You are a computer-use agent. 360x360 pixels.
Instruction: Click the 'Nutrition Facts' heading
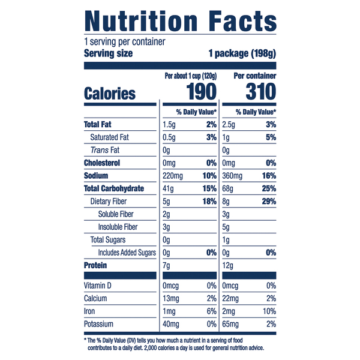pyautogui.click(x=180, y=21)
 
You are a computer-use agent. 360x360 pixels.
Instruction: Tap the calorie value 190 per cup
pyautogui.click(x=202, y=92)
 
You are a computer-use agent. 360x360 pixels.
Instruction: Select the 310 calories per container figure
pyautogui.click(x=261, y=92)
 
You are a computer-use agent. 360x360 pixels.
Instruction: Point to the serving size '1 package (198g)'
pyautogui.click(x=242, y=53)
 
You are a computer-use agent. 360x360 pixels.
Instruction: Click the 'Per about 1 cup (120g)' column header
pyautogui.click(x=191, y=76)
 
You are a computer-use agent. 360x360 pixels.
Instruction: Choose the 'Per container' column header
pyautogui.click(x=255, y=76)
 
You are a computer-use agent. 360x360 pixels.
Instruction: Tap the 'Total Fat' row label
pyautogui.click(x=98, y=124)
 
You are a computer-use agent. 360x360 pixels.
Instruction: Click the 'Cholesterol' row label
pyautogui.click(x=102, y=163)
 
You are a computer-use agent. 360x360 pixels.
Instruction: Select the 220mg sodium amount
pyautogui.click(x=173, y=176)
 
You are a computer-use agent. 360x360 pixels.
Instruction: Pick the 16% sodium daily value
pyautogui.click(x=269, y=176)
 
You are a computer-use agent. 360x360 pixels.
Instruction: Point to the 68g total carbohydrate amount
pyautogui.click(x=227, y=189)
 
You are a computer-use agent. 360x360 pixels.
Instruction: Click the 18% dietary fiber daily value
pyautogui.click(x=209, y=202)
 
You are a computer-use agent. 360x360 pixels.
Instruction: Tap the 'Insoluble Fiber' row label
pyautogui.click(x=118, y=227)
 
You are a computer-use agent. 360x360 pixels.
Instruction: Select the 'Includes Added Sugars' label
pyautogui.click(x=127, y=253)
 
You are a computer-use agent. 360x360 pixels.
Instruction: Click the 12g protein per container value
pyautogui.click(x=227, y=266)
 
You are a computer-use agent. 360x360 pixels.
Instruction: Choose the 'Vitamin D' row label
pyautogui.click(x=98, y=286)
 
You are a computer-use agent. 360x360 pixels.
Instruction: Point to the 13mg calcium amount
pyautogui.click(x=171, y=299)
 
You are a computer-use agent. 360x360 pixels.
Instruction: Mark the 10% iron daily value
pyautogui.click(x=269, y=311)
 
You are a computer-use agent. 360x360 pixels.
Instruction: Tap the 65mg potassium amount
pyautogui.click(x=230, y=325)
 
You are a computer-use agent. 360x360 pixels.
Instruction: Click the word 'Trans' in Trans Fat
pyautogui.click(x=99, y=150)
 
